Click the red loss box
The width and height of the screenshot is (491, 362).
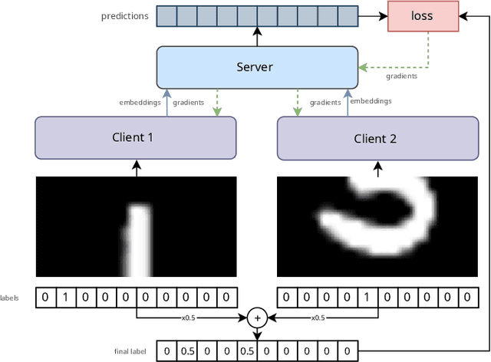click(422, 15)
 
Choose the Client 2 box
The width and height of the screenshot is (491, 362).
click(375, 138)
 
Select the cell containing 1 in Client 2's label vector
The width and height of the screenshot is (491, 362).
click(365, 297)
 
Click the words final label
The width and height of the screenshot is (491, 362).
click(130, 351)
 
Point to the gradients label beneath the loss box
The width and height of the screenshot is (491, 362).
click(402, 76)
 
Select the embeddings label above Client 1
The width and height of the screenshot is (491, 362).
click(140, 102)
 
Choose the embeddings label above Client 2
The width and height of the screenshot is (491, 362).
click(371, 101)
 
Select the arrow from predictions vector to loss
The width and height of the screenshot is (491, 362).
click(373, 15)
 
